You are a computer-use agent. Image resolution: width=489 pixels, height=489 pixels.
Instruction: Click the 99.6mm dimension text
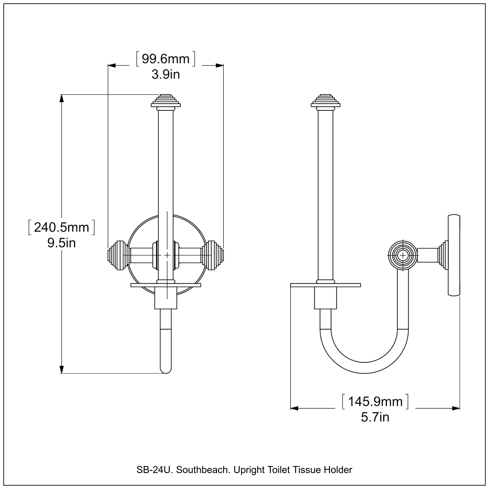(x=166, y=59)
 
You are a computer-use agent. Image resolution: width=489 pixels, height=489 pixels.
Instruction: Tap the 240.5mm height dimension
(x=61, y=227)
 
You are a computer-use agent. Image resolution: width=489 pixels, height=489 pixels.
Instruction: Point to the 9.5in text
(x=61, y=243)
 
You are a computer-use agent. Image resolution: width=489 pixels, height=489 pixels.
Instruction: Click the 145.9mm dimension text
(x=375, y=402)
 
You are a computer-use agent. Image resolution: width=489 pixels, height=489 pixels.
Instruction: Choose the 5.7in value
(x=375, y=417)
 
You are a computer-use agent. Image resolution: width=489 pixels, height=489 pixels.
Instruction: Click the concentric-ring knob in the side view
(x=402, y=256)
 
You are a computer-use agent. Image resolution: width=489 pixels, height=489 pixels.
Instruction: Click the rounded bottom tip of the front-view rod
(x=166, y=371)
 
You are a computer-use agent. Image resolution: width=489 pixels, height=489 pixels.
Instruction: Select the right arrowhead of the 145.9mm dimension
(x=456, y=408)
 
